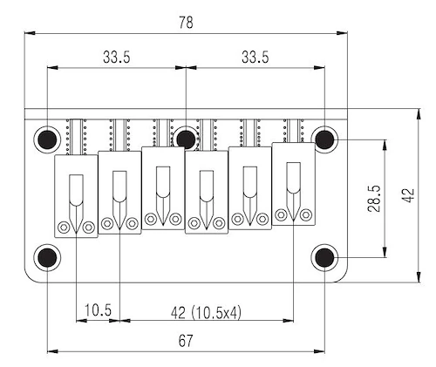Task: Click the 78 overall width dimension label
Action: coord(186,23)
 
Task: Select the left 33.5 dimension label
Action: coord(117,57)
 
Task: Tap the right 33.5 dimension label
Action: coord(255,57)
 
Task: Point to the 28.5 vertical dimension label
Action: coord(374,199)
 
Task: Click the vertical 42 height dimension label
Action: coord(407,195)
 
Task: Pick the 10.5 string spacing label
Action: coord(98,310)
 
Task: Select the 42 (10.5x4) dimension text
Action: coord(206,313)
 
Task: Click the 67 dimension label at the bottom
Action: coord(186,341)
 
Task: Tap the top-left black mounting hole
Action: coord(47,139)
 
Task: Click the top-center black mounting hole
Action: coord(186,139)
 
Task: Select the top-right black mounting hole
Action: coord(324,139)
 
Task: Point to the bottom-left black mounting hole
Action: coord(47,257)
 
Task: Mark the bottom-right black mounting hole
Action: coord(324,257)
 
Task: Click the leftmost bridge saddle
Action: coord(76,196)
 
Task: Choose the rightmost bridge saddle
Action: coord(293,184)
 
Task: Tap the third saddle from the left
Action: coord(163,188)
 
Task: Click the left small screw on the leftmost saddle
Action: coord(64,228)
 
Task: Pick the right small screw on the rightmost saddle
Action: coord(306,215)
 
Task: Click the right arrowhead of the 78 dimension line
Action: coord(342,33)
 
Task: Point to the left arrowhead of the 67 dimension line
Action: coord(52,351)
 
